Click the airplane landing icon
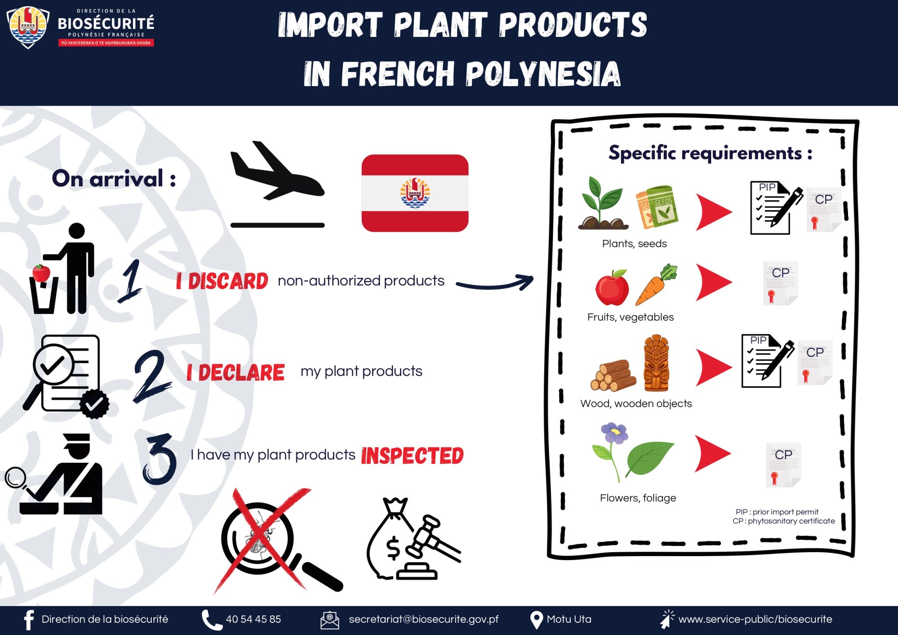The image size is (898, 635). click(277, 184)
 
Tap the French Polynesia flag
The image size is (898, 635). click(415, 193)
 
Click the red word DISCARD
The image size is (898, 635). click(228, 281)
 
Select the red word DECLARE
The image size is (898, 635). click(241, 372)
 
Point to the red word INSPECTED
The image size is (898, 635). click(412, 456)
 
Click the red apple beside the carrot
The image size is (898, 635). click(612, 287)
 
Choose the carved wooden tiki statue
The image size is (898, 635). click(656, 363)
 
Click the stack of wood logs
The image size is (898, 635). click(613, 376)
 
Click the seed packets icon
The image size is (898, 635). click(657, 207)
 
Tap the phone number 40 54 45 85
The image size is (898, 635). click(253, 619)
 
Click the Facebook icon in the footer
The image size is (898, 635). click(29, 620)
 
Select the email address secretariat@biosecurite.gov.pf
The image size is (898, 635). click(424, 619)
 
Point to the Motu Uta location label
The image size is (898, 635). click(569, 619)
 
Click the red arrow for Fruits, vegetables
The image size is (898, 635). click(713, 282)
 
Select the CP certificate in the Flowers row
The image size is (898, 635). click(784, 465)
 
